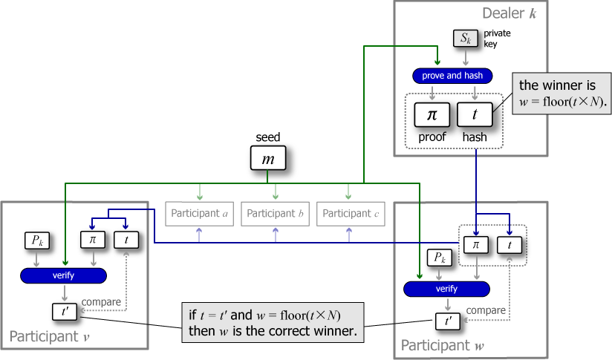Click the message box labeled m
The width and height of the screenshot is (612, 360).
pos(267,158)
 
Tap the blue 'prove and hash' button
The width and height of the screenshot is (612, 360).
pos(452,76)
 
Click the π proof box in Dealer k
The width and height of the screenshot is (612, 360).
pos(431,115)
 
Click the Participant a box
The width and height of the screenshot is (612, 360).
pos(199,214)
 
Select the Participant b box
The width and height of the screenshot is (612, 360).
pos(275,214)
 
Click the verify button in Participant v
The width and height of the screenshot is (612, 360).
pos(63,275)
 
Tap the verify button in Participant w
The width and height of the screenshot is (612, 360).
pos(446,289)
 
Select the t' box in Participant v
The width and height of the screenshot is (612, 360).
pos(65,312)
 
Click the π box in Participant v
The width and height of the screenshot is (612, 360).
pos(93,240)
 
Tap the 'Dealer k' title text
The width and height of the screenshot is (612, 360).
pos(509,13)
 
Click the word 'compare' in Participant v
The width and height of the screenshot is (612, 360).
pos(101,301)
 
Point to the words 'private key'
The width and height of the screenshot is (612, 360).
pos(497,39)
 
